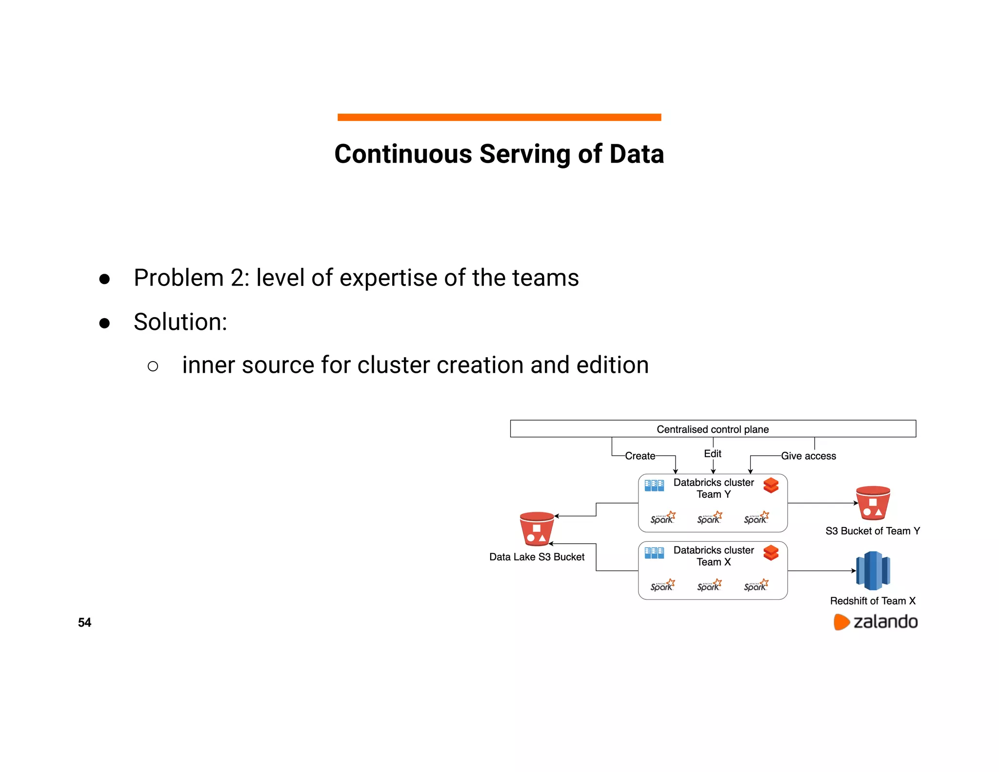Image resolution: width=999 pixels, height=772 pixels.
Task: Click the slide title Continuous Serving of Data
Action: click(x=499, y=154)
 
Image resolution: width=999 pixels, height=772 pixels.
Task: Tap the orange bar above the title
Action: click(x=499, y=117)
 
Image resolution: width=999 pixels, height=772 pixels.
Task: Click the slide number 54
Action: click(x=84, y=622)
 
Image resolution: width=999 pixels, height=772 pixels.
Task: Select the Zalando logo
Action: click(x=876, y=622)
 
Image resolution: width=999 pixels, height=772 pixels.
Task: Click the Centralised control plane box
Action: click(x=712, y=429)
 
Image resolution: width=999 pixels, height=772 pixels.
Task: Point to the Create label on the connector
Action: click(x=640, y=456)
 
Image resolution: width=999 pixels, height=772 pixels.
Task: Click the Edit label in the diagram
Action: click(x=712, y=454)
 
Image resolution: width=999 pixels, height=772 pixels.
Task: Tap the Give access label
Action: click(x=808, y=456)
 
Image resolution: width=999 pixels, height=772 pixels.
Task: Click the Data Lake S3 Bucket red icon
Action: click(x=537, y=528)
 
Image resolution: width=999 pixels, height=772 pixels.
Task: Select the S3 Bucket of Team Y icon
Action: click(x=873, y=503)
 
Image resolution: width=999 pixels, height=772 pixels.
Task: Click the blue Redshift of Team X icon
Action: click(x=873, y=570)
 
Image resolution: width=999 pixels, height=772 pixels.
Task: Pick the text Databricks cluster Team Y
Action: click(x=713, y=488)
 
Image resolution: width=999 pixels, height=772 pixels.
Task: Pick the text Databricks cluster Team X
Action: click(x=713, y=556)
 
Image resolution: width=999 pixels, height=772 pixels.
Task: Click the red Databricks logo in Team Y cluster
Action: click(x=771, y=486)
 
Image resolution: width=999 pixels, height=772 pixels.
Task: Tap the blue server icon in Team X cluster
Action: click(x=654, y=553)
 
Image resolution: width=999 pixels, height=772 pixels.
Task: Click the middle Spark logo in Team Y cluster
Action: click(x=709, y=518)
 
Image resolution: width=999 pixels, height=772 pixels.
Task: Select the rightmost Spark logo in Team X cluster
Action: click(x=756, y=586)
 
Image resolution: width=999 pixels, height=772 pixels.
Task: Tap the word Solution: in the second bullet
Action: click(x=180, y=322)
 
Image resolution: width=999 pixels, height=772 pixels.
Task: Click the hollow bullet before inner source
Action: click(x=153, y=366)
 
